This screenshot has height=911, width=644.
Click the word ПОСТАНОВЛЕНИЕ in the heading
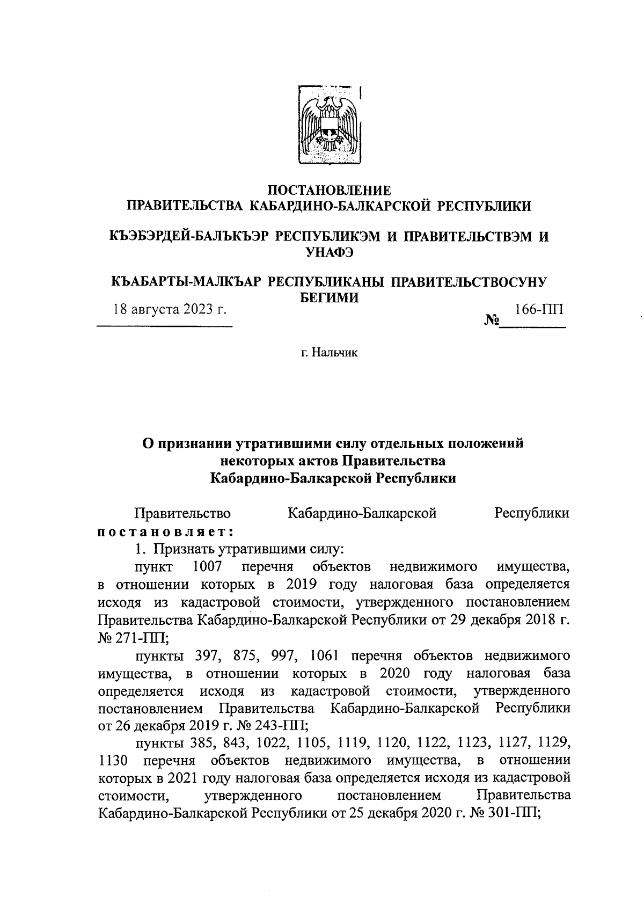click(x=330, y=190)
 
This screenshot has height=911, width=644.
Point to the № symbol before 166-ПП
click(x=492, y=321)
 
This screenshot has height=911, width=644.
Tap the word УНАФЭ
click(x=329, y=252)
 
